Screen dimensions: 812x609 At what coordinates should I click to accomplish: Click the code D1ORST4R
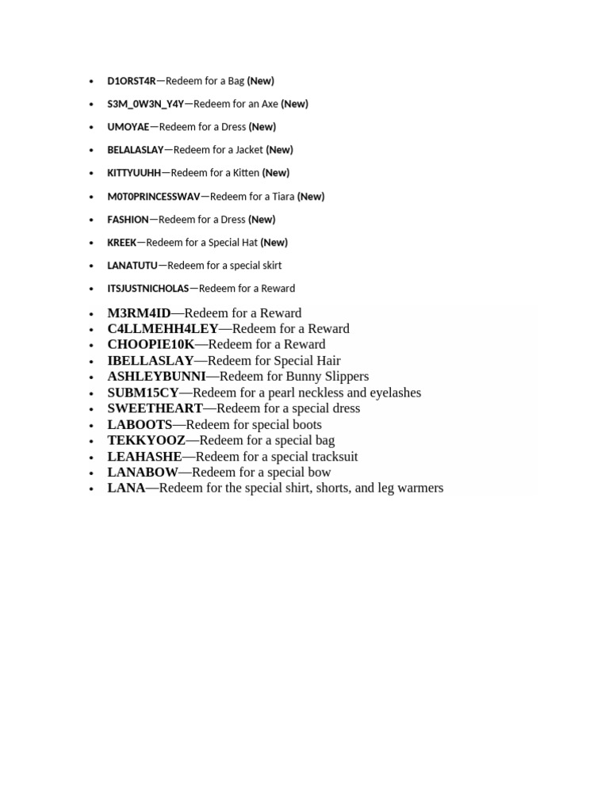132,81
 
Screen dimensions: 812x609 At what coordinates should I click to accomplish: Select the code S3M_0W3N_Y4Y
145,104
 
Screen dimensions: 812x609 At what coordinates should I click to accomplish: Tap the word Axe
269,104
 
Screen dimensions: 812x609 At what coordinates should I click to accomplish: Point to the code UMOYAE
128,127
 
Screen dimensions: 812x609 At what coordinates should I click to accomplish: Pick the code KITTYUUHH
134,173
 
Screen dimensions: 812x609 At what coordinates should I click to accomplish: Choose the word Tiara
282,197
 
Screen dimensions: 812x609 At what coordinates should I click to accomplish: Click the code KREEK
122,243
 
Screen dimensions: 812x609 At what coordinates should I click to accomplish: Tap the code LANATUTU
132,266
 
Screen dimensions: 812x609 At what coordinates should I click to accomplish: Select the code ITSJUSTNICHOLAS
148,289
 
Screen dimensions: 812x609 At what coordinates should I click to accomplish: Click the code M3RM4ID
139,313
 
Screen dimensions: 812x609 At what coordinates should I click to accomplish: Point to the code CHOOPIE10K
151,345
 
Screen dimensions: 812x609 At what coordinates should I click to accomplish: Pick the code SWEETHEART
155,408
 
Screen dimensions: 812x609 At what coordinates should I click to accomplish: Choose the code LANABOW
143,473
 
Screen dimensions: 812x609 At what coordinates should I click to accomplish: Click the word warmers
420,488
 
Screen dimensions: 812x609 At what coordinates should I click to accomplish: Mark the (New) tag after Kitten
276,173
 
